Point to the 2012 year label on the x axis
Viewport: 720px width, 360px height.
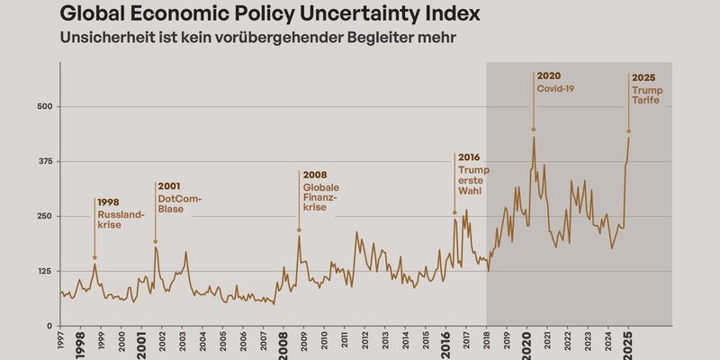coord(364,344)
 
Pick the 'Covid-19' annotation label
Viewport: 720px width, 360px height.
coord(555,88)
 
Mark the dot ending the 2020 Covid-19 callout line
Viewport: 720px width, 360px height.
coord(534,129)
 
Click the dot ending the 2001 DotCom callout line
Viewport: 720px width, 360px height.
coord(155,241)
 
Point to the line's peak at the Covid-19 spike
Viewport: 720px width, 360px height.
coord(534,138)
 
